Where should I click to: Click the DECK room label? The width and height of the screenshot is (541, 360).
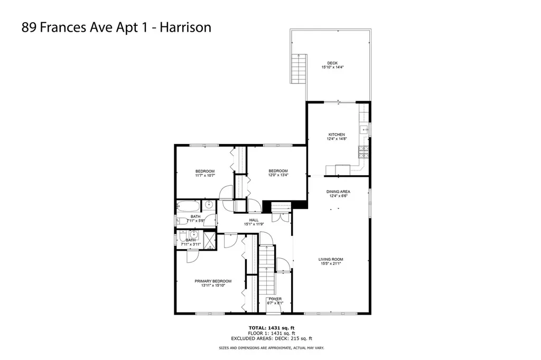332,63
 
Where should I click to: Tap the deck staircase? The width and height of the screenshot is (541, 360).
300,69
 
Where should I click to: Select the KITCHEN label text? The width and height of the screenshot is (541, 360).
337,135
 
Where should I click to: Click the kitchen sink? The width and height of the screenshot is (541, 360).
364,129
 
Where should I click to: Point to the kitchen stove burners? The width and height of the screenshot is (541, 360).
363,152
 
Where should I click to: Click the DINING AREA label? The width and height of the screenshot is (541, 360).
338,192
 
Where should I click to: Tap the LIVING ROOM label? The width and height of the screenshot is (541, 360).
331,259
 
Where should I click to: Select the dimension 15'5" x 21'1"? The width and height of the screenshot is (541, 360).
331,264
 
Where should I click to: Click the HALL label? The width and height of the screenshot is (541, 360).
254,220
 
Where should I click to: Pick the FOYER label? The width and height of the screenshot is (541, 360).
274,299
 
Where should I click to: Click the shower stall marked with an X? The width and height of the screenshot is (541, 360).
210,240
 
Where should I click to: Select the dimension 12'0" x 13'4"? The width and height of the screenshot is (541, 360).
278,175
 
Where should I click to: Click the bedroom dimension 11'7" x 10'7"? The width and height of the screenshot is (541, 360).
205,175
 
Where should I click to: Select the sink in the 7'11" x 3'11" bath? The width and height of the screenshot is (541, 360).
193,235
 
